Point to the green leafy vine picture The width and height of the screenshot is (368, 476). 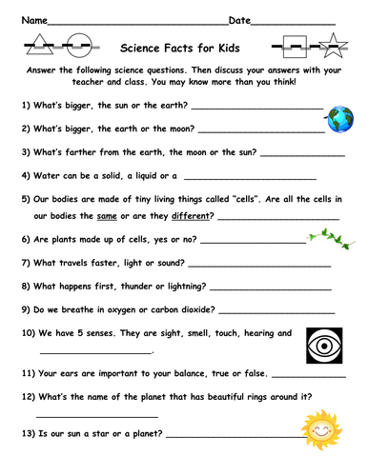point(323,236)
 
